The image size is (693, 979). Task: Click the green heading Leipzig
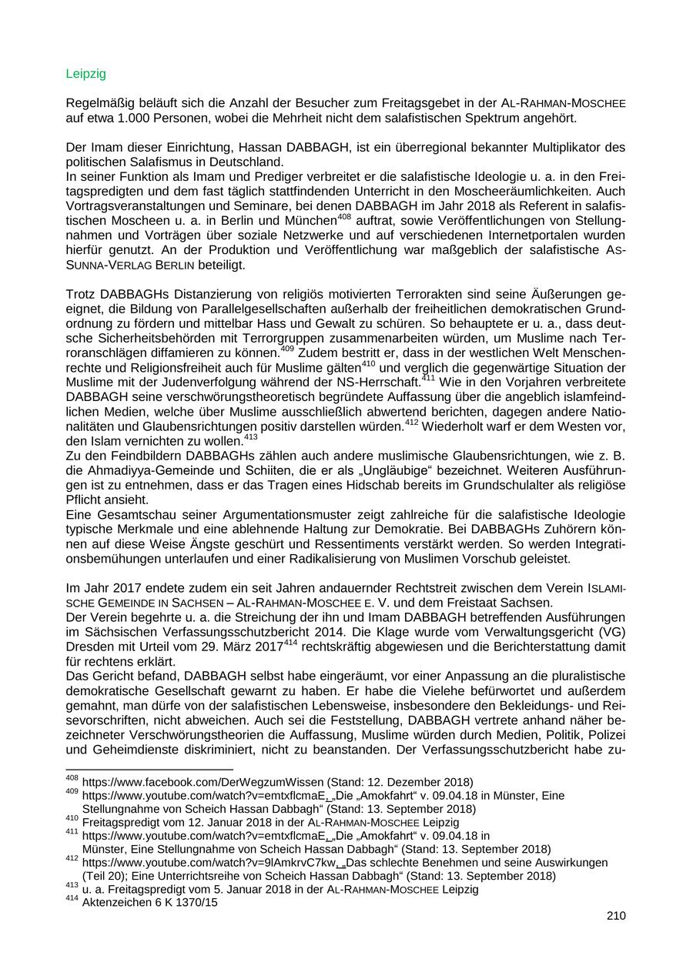click(x=85, y=74)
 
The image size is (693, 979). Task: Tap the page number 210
click(x=616, y=915)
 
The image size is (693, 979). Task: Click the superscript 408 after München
click(x=345, y=218)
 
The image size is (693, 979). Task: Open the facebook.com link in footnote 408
click(x=192, y=782)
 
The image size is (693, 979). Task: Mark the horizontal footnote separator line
click(x=149, y=770)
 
